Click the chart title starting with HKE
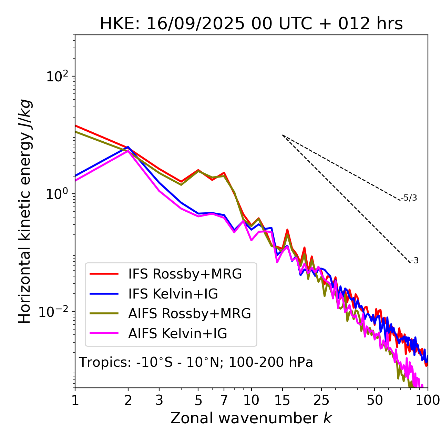(251, 24)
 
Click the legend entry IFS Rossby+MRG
(185, 274)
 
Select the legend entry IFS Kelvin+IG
(173, 294)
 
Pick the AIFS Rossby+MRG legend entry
(189, 314)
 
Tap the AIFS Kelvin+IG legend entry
(177, 334)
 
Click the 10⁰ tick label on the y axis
(57, 194)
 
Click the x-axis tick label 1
(75, 400)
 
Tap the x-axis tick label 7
(224, 400)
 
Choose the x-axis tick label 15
(283, 400)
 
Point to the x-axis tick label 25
(321, 400)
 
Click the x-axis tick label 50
(375, 400)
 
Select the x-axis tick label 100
(427, 400)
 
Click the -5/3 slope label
(409, 198)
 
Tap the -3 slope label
(415, 261)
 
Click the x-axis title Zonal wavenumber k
(251, 418)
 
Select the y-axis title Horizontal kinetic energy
(25, 211)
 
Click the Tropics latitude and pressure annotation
(196, 363)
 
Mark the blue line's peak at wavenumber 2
(128, 147)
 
